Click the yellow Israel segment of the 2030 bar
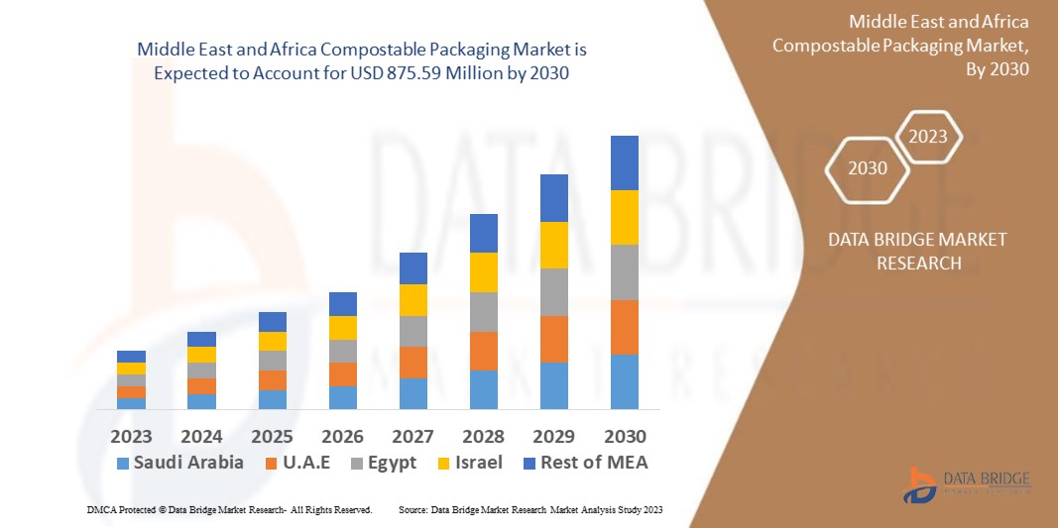pos(624,217)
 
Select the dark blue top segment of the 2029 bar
pos(553,198)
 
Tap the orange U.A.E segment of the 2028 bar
pos(483,351)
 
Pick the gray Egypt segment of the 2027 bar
pos(412,331)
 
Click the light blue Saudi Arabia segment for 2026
pos(342,397)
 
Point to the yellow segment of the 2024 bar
pos(201,355)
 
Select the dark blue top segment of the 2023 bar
pos(131,357)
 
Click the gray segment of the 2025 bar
pos(272,361)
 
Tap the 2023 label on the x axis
pos(131,436)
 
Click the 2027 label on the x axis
pos(412,436)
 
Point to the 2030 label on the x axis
pos(624,436)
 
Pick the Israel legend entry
pos(471,463)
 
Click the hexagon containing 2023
pos(928,137)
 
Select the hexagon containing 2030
pos(868,168)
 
